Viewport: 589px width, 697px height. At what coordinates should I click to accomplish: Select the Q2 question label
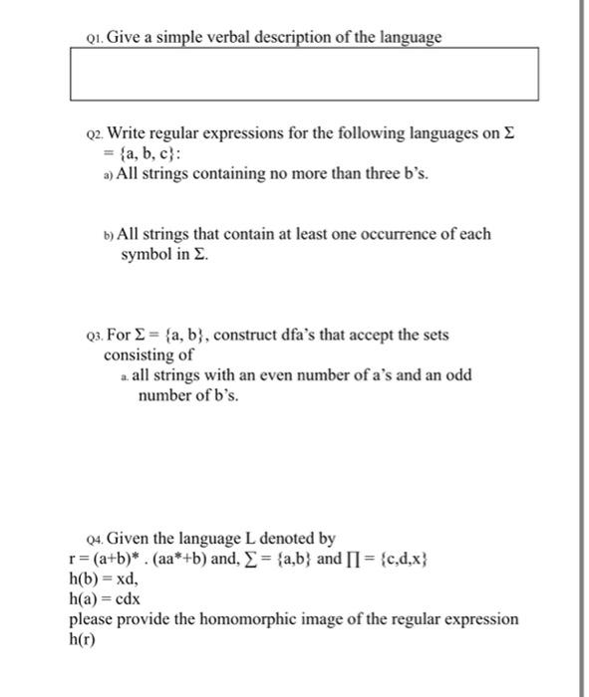pyautogui.click(x=94, y=133)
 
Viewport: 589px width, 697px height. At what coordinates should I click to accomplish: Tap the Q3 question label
pyautogui.click(x=93, y=336)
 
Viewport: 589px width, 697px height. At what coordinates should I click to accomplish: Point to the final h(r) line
pyautogui.click(x=85, y=638)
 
